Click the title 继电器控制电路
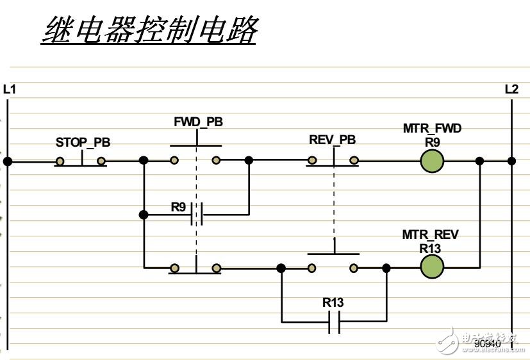149,29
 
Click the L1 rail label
10,90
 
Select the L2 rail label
511,90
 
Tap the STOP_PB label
83,142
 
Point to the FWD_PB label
198,122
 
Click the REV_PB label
332,140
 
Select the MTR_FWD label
432,129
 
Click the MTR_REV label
431,235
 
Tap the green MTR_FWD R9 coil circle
432,161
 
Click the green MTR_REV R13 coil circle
432,268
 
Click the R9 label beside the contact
179,206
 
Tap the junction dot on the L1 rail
8,161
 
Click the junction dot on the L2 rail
511,161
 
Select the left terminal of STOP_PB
60,161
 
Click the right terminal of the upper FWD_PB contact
217,161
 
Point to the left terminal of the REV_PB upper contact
311,161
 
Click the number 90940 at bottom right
486,344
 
